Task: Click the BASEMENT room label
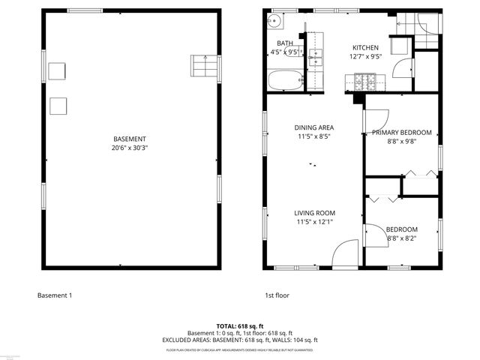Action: pos(130,139)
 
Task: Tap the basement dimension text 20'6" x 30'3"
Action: pos(130,148)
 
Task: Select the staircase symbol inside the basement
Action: pos(203,66)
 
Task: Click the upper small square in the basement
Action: pos(58,71)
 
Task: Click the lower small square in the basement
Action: pos(58,106)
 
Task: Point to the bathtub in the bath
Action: pos(285,80)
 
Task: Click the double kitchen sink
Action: pos(316,52)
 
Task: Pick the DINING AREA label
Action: pos(313,127)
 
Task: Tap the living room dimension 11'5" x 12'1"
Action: pos(313,222)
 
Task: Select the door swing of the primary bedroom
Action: pos(376,118)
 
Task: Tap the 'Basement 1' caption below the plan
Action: pos(55,295)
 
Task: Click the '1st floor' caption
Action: pos(277,295)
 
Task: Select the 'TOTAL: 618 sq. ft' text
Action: pos(240,326)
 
